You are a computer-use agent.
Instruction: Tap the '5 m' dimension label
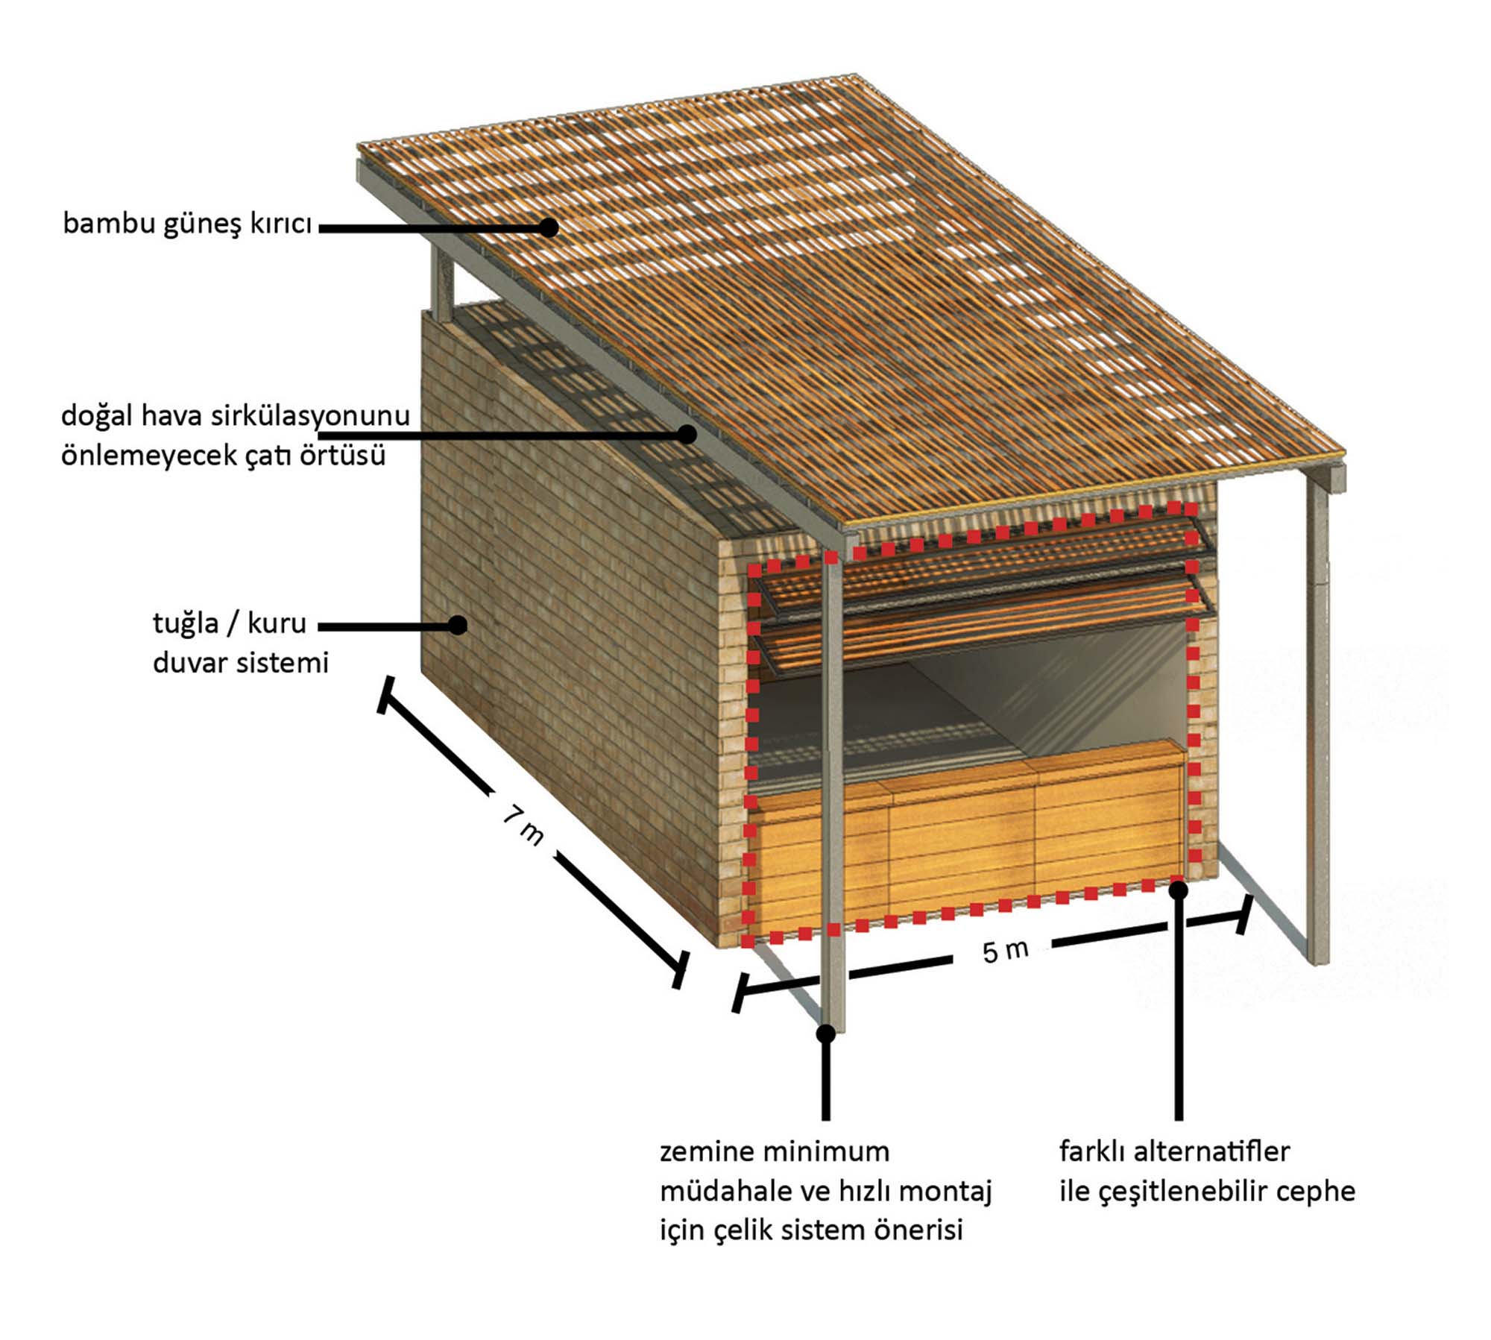(x=1006, y=951)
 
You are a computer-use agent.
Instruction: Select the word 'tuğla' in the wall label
(x=186, y=624)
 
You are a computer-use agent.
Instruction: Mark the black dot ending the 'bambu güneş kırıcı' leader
(x=549, y=227)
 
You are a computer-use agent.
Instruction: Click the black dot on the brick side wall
(x=458, y=626)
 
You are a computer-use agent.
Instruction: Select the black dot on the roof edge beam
(x=687, y=434)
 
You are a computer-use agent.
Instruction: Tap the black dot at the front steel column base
(x=826, y=1034)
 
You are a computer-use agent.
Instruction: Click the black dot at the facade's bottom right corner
(x=1179, y=890)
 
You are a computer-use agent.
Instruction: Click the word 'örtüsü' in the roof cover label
(x=342, y=455)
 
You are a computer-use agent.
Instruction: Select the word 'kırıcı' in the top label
(x=280, y=223)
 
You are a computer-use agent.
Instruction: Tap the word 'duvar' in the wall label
(x=191, y=663)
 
